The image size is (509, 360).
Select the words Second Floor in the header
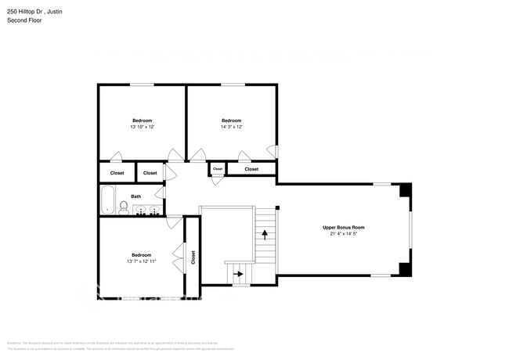pyautogui.click(x=23, y=20)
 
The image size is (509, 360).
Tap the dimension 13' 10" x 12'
pyautogui.click(x=142, y=127)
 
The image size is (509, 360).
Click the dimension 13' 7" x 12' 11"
pyautogui.click(x=142, y=261)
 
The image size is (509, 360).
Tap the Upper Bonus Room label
pyautogui.click(x=344, y=227)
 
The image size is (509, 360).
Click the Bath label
pyautogui.click(x=136, y=196)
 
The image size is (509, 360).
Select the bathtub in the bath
pyautogui.click(x=106, y=200)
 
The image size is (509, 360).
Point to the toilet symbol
pyautogui.click(x=124, y=207)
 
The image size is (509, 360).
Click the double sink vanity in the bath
pyautogui.click(x=147, y=210)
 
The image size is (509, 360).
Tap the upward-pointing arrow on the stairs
pyautogui.click(x=265, y=232)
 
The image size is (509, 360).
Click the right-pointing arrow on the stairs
pyautogui.click(x=237, y=275)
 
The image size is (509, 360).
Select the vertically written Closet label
pyautogui.click(x=193, y=257)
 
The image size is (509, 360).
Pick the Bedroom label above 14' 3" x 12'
pyautogui.click(x=231, y=121)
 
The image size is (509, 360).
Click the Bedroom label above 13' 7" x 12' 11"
pyautogui.click(x=142, y=255)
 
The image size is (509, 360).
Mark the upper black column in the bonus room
pyautogui.click(x=404, y=190)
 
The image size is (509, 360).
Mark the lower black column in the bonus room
pyautogui.click(x=404, y=269)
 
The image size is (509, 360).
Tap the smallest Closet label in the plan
pyautogui.click(x=218, y=169)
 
